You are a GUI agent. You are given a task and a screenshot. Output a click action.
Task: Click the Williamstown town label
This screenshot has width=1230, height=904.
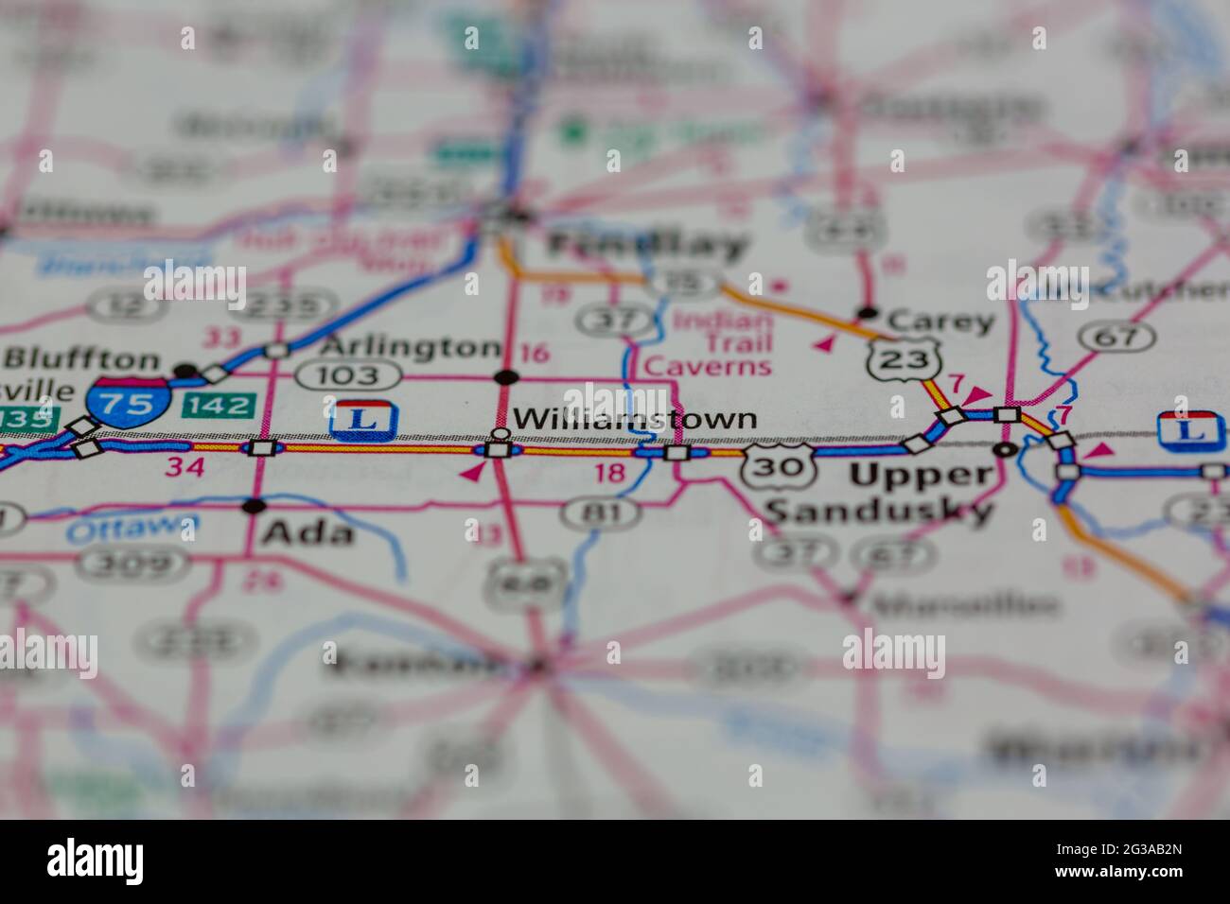point(634,418)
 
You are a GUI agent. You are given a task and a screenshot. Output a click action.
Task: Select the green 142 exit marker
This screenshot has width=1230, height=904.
point(220,406)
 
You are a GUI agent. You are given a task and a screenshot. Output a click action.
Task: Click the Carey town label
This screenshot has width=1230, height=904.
point(941,322)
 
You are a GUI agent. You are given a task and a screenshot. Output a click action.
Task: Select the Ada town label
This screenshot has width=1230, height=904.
point(307,533)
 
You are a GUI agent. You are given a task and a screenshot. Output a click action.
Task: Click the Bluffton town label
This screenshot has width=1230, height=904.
point(82,359)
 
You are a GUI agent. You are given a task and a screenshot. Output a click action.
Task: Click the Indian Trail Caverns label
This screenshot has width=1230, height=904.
point(721,341)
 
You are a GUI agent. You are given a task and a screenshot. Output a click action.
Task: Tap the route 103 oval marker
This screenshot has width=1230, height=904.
point(336,375)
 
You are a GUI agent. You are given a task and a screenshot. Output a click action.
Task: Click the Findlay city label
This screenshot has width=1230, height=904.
point(648,246)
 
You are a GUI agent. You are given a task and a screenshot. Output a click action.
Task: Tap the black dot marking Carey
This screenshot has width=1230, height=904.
point(867,313)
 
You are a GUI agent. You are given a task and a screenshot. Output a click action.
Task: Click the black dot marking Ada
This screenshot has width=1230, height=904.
point(253,505)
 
